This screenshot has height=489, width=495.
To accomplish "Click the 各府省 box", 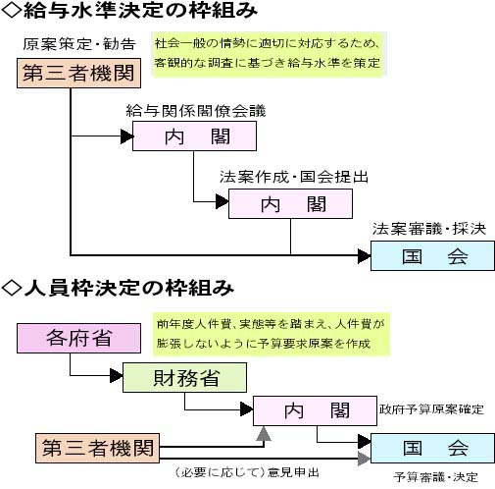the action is pyautogui.click(x=78, y=338).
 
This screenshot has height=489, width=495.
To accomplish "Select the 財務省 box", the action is pyautogui.click(x=184, y=377).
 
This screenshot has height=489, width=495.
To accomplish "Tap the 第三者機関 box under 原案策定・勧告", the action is pyautogui.click(x=78, y=73).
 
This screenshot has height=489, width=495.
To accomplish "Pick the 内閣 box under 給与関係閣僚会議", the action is pyautogui.click(x=194, y=136).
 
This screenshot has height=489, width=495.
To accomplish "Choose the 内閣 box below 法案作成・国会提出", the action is pyautogui.click(x=290, y=203).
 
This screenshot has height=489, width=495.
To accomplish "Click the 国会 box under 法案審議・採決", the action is pyautogui.click(x=432, y=256).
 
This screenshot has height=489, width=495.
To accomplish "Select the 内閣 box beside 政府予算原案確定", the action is pyautogui.click(x=315, y=410).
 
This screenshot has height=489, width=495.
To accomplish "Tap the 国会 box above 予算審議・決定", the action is pyautogui.click(x=432, y=448).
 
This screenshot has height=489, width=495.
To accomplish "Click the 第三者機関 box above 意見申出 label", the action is pyautogui.click(x=97, y=448).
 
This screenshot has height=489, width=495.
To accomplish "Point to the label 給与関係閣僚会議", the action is pyautogui.click(x=196, y=111).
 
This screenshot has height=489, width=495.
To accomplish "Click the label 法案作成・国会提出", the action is pyautogui.click(x=294, y=177).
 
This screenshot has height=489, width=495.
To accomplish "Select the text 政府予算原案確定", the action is pyautogui.click(x=431, y=409).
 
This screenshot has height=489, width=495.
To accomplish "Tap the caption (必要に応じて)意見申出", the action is pyautogui.click(x=246, y=472).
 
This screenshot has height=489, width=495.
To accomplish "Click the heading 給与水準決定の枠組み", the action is pyautogui.click(x=129, y=11).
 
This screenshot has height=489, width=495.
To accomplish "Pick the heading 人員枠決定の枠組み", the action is pyautogui.click(x=118, y=288).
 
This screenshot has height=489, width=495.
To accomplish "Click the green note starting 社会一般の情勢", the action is pyautogui.click(x=268, y=54).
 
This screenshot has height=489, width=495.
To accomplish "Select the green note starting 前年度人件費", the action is pyautogui.click(x=272, y=334).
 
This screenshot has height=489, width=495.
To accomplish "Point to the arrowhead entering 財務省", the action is pyautogui.click(x=117, y=375).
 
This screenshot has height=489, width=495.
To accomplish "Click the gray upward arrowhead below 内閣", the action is pyautogui.click(x=264, y=434).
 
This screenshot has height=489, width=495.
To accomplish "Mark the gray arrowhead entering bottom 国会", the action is pyautogui.click(x=365, y=459).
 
